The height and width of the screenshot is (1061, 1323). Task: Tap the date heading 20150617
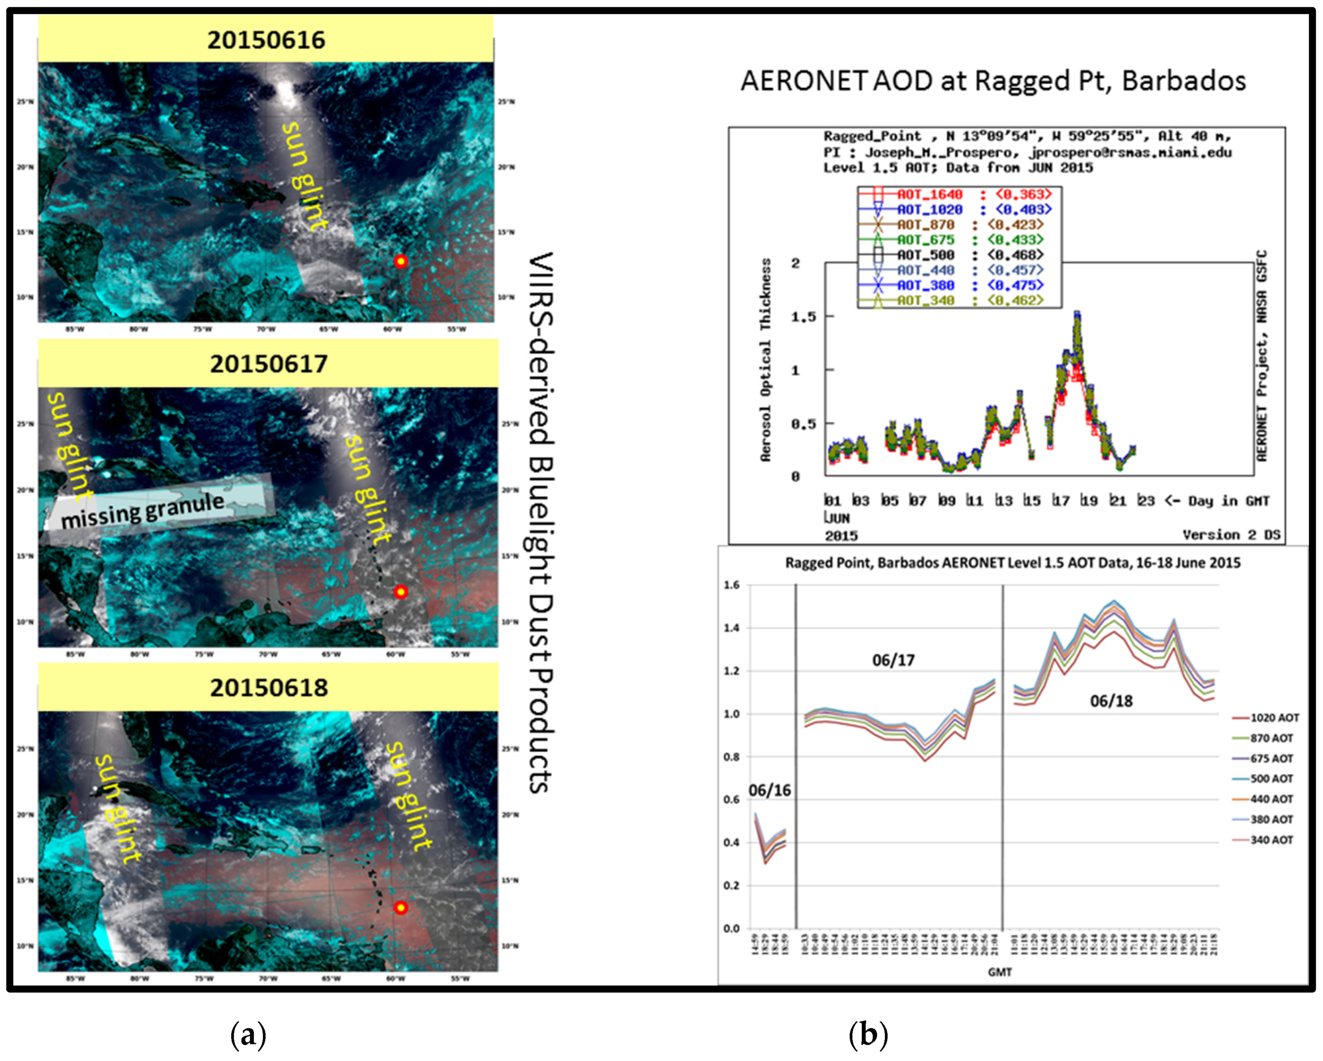[x=269, y=364]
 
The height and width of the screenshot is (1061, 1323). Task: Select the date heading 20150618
[x=269, y=687]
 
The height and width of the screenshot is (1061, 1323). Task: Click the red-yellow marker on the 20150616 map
[x=400, y=262]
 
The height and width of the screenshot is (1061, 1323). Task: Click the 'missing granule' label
[x=142, y=510]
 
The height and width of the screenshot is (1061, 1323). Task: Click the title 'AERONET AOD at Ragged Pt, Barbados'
[x=992, y=80]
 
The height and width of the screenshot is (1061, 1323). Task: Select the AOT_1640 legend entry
[x=929, y=195]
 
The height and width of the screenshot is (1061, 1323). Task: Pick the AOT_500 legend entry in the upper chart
[x=926, y=255]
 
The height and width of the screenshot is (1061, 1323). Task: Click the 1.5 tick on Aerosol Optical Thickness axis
[x=803, y=317]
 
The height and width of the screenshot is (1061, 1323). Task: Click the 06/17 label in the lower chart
[x=893, y=660]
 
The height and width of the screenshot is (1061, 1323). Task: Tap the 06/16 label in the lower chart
[x=770, y=791]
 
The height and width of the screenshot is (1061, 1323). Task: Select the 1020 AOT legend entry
[x=1274, y=717]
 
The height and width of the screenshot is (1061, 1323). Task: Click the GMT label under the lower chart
[x=1000, y=972]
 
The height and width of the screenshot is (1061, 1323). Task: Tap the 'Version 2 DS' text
[x=1231, y=534]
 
